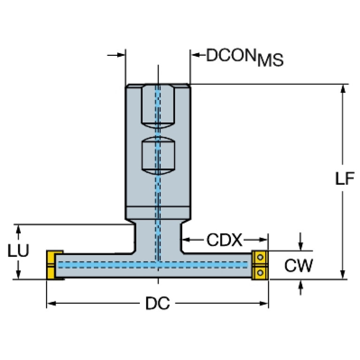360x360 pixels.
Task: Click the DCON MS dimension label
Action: point(245,57)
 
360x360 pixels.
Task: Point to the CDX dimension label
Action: point(224,241)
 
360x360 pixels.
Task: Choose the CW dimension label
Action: point(299,266)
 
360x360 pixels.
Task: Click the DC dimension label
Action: point(157,304)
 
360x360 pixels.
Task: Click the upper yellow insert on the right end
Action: point(260,258)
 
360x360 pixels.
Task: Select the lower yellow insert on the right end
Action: point(260,272)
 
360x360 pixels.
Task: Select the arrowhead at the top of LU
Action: point(19,229)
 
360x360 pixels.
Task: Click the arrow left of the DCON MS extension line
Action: point(120,55)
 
